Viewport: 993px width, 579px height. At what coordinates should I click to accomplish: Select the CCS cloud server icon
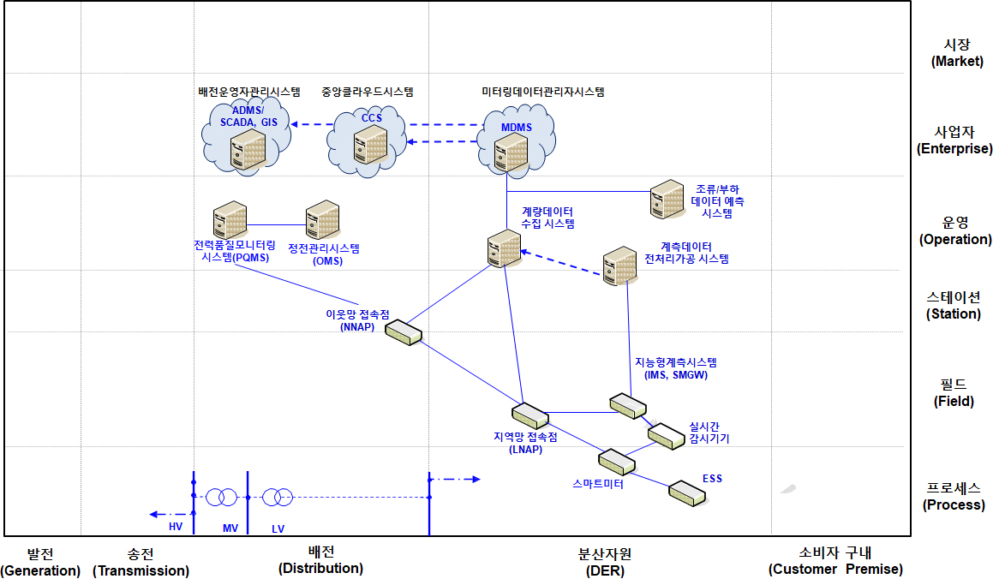click(371, 145)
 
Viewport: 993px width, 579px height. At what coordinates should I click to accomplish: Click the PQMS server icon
click(230, 220)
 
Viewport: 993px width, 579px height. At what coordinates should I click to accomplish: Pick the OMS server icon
click(323, 220)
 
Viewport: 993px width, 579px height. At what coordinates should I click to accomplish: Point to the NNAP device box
click(404, 331)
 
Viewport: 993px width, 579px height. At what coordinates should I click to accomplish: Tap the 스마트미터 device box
click(616, 463)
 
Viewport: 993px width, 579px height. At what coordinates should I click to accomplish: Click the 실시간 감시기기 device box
click(664, 435)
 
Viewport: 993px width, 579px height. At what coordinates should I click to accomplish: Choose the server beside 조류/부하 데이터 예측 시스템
click(667, 200)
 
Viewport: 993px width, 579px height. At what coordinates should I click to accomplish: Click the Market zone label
click(953, 52)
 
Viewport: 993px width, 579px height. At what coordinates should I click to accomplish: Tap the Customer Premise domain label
click(835, 561)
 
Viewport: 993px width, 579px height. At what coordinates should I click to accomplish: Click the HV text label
click(176, 526)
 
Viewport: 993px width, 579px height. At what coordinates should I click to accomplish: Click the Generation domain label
click(40, 562)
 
